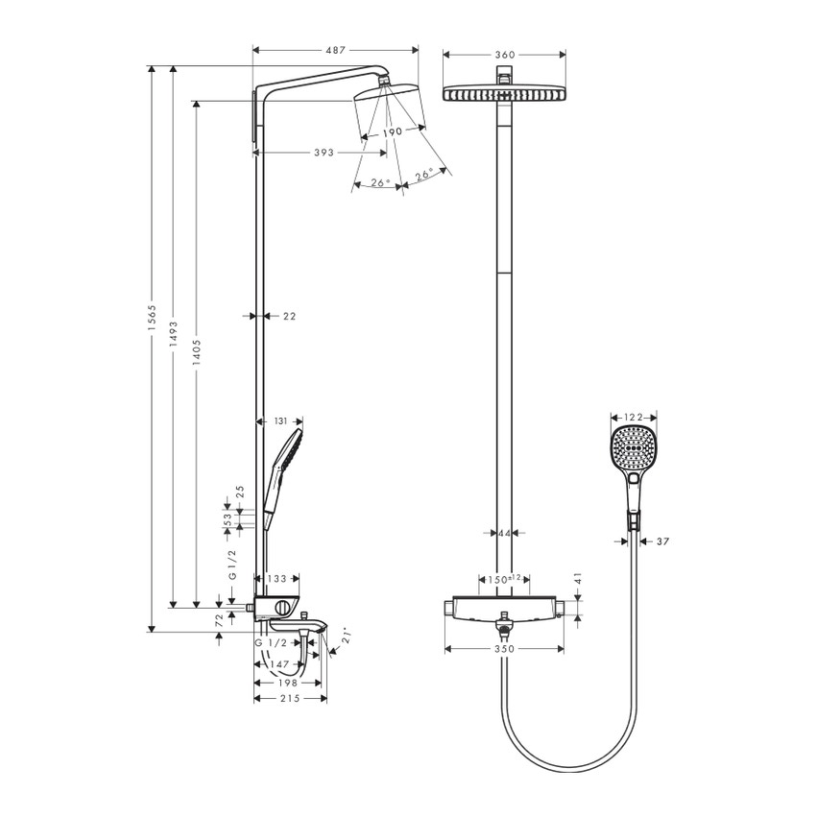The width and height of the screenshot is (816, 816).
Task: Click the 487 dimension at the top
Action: [334, 50]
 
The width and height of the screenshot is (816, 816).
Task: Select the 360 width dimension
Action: [505, 55]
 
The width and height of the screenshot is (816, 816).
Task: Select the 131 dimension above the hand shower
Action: [280, 420]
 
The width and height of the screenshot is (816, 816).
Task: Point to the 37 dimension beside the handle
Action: [662, 541]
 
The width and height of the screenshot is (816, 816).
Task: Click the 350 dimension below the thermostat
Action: [505, 650]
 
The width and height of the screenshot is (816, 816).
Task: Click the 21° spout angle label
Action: [347, 635]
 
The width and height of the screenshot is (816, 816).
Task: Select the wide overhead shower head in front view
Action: [504, 93]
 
